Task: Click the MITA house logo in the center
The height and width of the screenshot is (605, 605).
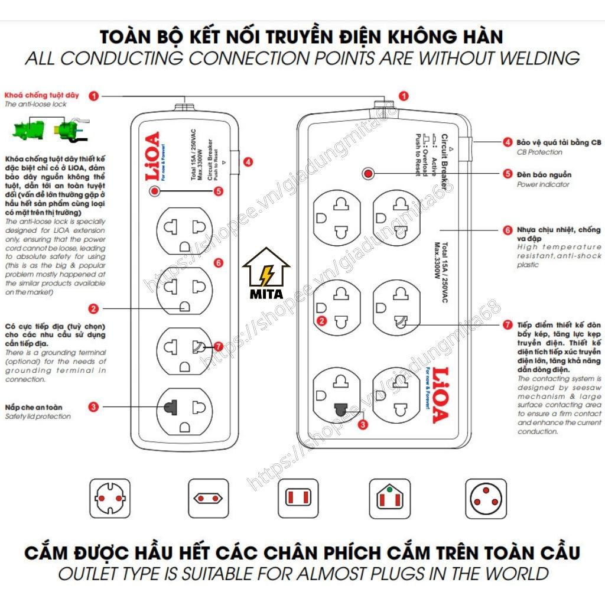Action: (266, 275)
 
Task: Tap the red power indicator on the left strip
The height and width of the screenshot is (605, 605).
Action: (154, 191)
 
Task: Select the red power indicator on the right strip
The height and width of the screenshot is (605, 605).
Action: (369, 174)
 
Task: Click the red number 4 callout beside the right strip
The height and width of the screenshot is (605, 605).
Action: (507, 142)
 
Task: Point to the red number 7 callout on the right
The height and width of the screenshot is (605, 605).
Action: (507, 324)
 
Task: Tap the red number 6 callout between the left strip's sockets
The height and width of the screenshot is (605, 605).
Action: (218, 263)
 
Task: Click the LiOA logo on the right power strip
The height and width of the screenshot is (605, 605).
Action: (440, 395)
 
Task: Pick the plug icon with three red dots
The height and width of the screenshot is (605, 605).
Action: (486, 499)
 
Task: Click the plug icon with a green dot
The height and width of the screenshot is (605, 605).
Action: (390, 499)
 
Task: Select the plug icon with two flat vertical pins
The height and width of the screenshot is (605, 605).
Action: (298, 499)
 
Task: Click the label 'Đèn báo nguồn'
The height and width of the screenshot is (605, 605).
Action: (544, 175)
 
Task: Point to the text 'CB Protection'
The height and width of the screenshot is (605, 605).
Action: (539, 152)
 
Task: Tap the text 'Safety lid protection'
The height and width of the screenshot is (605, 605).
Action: (37, 416)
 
